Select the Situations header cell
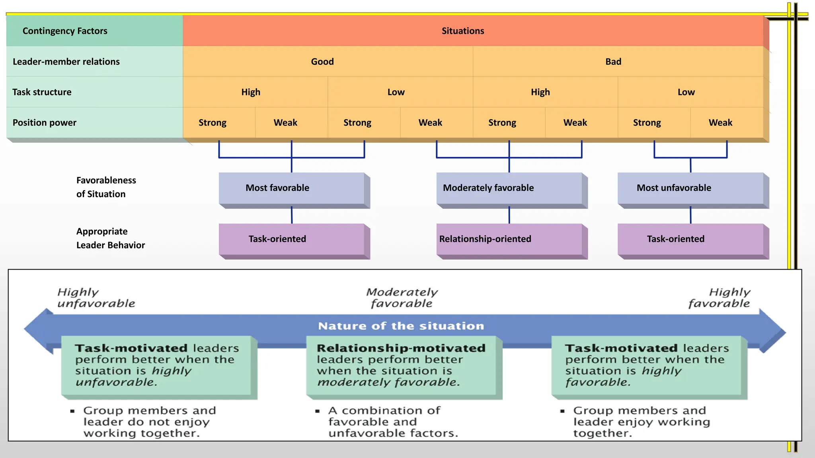[463, 31]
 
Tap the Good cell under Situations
[322, 62]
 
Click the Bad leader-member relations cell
[613, 62]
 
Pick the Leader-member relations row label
[66, 62]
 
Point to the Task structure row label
[42, 92]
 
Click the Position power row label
[45, 122]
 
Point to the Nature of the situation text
[401, 326]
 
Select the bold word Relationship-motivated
[401, 348]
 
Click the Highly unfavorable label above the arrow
[96, 298]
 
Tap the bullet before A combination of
[317, 411]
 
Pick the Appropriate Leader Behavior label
[110, 238]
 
